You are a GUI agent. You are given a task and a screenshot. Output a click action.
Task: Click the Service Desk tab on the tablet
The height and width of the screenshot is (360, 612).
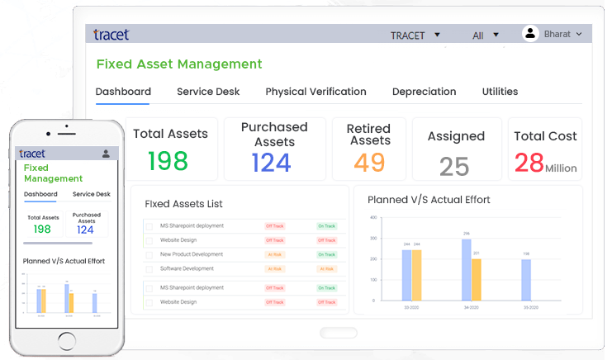(207, 92)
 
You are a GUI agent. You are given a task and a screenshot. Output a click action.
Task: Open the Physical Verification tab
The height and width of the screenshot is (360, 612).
(315, 92)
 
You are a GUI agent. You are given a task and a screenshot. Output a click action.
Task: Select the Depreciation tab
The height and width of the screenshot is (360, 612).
(424, 92)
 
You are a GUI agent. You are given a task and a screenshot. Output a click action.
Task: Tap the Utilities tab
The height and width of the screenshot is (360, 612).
(500, 92)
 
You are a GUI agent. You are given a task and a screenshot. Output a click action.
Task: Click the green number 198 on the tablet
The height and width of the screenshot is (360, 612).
(168, 160)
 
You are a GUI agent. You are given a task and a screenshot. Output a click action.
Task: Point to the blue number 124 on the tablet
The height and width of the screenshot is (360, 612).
(272, 162)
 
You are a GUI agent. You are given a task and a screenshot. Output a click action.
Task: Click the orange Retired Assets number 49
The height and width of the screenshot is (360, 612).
(369, 162)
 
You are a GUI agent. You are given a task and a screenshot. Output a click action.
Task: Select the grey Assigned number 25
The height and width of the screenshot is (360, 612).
(454, 166)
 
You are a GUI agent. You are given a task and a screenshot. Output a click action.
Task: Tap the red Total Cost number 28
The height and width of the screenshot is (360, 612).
(529, 162)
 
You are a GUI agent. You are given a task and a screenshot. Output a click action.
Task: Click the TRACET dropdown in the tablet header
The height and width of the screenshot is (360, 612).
(415, 36)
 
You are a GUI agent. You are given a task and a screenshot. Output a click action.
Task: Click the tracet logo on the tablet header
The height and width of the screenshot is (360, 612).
(111, 35)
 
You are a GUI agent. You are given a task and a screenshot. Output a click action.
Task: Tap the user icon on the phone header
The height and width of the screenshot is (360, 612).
(106, 154)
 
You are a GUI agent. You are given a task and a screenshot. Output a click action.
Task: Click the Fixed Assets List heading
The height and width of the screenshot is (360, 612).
(183, 203)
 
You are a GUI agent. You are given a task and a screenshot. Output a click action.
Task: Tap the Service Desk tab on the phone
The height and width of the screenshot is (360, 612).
(91, 195)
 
